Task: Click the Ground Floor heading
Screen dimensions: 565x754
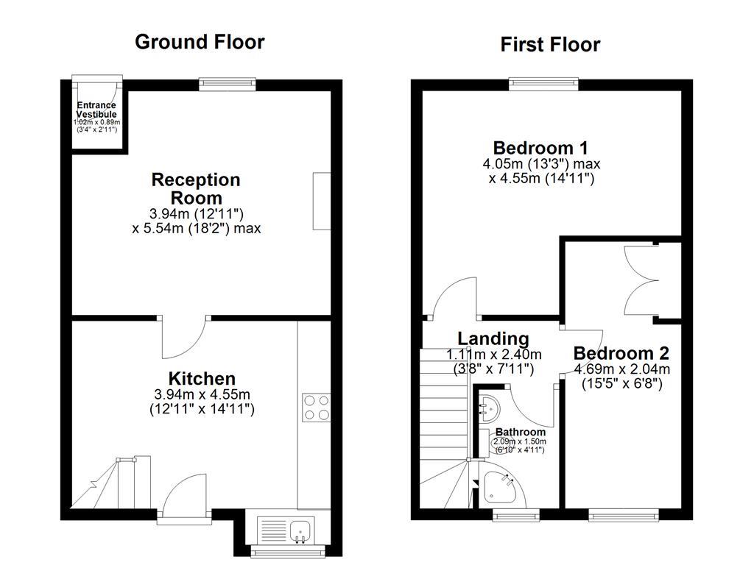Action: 200,42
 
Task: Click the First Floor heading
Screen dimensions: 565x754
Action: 550,45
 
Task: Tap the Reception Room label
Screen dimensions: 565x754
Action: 196,188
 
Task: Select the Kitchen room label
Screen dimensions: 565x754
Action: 202,379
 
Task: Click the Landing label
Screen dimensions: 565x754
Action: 493,338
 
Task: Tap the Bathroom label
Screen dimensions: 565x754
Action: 520,432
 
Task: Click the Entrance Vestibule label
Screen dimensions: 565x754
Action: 96,110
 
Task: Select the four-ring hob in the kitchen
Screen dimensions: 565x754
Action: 316,408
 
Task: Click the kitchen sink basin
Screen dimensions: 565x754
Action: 299,528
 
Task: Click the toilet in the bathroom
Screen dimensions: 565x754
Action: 496,443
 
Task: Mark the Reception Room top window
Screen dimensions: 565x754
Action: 227,84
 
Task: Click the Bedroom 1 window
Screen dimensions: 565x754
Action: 543,83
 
